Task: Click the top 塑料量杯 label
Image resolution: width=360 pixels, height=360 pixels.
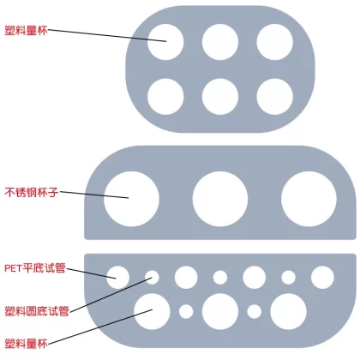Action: click(26, 30)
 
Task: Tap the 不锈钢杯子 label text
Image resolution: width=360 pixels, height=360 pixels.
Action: click(32, 192)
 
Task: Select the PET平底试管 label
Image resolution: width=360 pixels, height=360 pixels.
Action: click(35, 268)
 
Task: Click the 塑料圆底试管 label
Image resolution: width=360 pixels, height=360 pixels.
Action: click(37, 311)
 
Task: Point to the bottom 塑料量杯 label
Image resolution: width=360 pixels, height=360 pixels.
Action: click(26, 343)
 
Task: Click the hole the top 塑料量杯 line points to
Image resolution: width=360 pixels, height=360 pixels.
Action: click(165, 42)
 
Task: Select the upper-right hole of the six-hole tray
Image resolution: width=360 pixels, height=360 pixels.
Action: click(275, 42)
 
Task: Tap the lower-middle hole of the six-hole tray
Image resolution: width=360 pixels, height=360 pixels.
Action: click(220, 97)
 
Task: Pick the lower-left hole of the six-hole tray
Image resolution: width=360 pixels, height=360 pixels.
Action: click(165, 97)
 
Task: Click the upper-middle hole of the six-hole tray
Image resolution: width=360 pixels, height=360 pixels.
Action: click(220, 42)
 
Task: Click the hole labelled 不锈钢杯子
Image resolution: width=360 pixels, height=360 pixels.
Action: click(131, 199)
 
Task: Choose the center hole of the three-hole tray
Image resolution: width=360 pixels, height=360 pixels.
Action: click(220, 199)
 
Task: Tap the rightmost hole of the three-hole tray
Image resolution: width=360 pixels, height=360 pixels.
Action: click(309, 199)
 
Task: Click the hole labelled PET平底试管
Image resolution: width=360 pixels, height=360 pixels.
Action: click(117, 277)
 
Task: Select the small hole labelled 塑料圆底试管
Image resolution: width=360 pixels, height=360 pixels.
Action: click(152, 278)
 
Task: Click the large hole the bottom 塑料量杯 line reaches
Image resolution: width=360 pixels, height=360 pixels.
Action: click(152, 311)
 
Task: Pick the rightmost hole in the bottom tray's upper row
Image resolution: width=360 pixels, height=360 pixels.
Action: click(322, 277)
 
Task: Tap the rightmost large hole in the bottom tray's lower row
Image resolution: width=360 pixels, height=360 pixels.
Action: click(288, 311)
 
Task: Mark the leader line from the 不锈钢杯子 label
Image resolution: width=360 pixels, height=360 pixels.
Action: click(94, 195)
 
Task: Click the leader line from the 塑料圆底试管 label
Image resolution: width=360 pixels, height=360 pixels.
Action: click(111, 295)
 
